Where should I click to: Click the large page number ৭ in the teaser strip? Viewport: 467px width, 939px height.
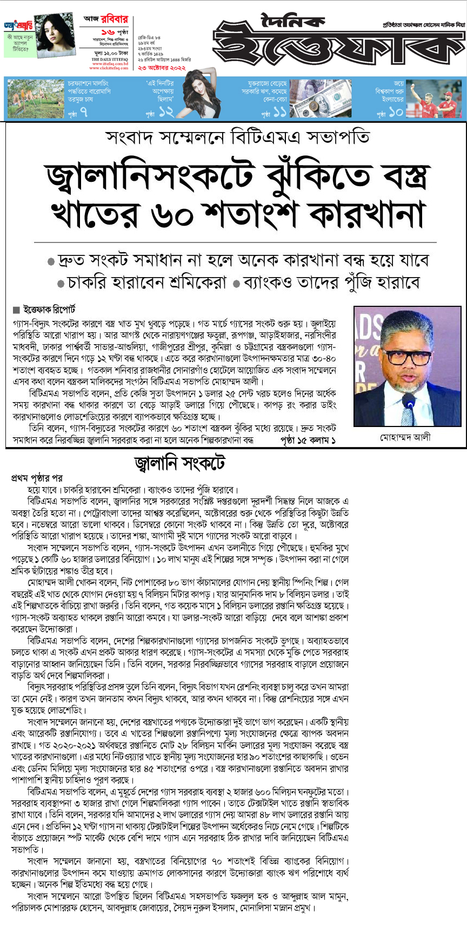tap(83, 112)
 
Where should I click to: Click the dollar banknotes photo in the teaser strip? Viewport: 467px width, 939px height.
tap(321, 98)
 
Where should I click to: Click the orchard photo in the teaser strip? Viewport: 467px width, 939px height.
tap(36, 98)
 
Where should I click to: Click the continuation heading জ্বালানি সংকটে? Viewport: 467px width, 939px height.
tap(179, 463)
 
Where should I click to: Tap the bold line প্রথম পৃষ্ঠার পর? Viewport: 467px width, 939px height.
tap(37, 478)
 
